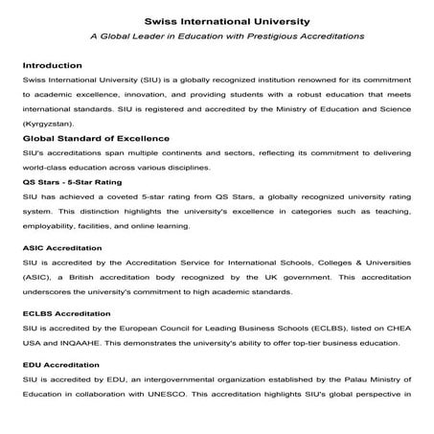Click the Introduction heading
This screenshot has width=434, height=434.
point(52,65)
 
